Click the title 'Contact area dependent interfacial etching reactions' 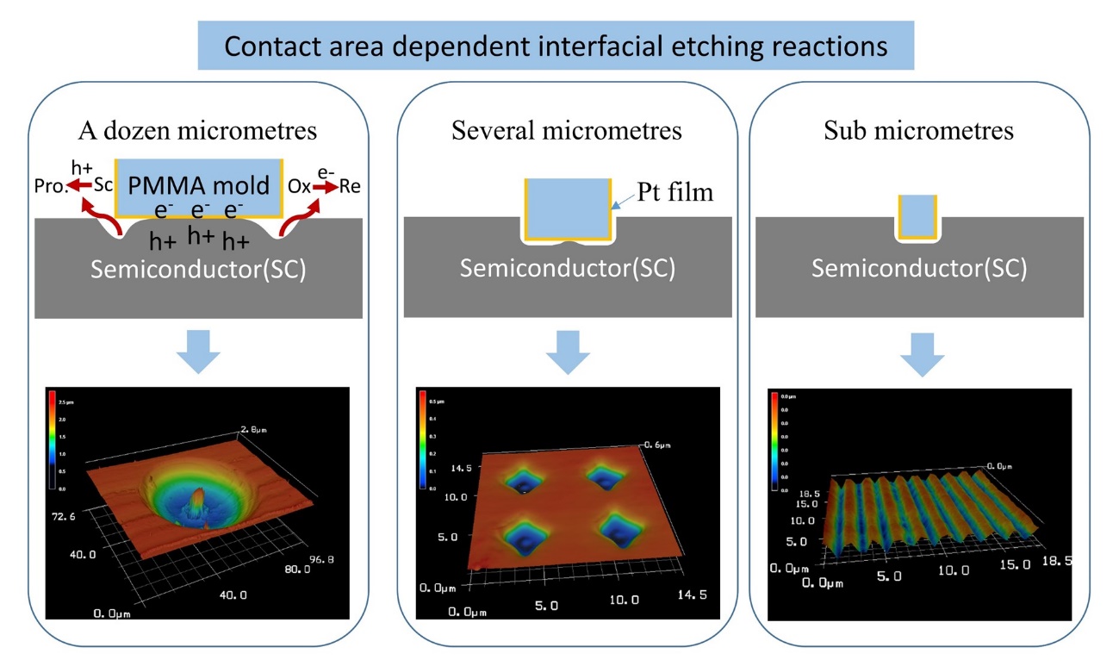pos(556,46)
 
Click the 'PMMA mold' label pos(197,184)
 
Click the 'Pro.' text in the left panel pos(50,186)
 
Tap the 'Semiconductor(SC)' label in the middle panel pos(567,268)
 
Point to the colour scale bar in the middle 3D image pos(422,439)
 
